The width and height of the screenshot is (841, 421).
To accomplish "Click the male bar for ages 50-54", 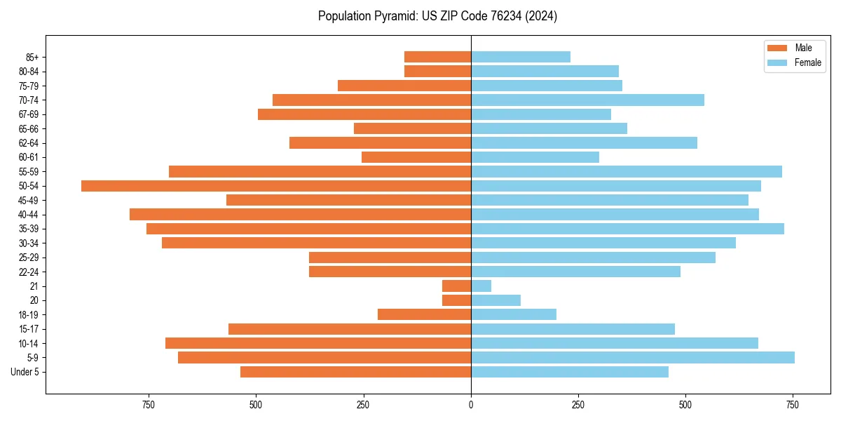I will (x=276, y=186).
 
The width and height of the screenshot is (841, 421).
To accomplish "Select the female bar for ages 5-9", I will (x=632, y=358).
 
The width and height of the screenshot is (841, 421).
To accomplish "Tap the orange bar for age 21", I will (x=456, y=286).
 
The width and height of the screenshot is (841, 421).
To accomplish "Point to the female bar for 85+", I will (x=520, y=57).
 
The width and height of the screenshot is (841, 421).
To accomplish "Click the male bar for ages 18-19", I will (x=424, y=315).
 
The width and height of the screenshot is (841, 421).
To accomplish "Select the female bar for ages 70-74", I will (x=587, y=100).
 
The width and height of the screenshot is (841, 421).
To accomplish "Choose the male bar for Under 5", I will (x=355, y=372).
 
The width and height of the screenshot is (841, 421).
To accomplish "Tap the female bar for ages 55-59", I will (x=626, y=172).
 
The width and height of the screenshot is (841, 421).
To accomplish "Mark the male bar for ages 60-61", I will (x=416, y=157).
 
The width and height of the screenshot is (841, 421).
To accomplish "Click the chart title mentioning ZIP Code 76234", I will (x=437, y=16).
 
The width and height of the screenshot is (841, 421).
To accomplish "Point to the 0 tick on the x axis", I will (x=471, y=405).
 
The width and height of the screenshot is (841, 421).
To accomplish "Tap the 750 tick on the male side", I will (x=149, y=405).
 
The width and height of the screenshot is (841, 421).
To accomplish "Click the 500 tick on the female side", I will (x=685, y=405).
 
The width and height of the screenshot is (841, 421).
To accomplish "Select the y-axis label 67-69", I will (x=29, y=114).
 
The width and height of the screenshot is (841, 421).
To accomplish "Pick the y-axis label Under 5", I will (x=25, y=372).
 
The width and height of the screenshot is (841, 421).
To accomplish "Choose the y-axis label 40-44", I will (x=29, y=215).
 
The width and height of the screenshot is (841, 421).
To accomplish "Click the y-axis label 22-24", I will (x=29, y=272).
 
